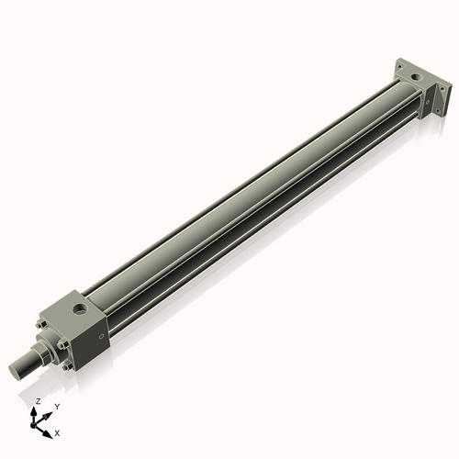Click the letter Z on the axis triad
37,401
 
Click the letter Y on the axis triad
57,406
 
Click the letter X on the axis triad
58,431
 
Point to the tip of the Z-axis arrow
36,409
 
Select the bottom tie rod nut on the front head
70,366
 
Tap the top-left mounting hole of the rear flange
403,64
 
